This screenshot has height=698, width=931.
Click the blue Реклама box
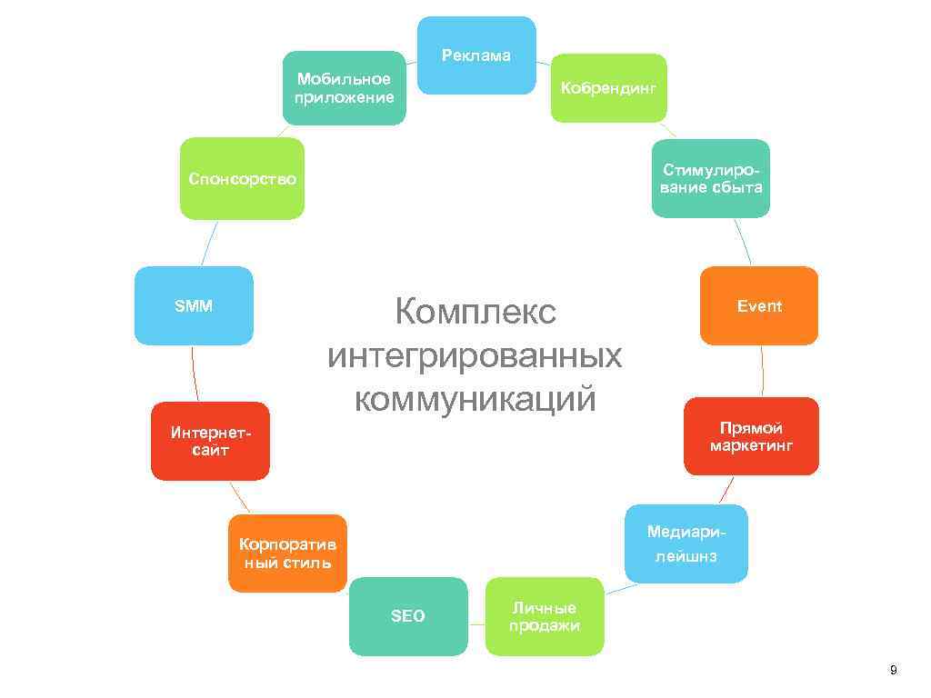(476, 55)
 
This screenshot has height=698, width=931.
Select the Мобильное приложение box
(344, 88)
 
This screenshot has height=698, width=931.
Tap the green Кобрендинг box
(608, 88)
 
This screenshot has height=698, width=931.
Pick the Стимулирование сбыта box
(711, 178)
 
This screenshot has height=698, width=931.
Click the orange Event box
(759, 305)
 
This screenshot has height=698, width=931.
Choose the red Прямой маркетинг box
(751, 436)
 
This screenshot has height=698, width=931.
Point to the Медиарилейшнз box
(686, 543)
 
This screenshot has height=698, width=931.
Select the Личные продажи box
(544, 616)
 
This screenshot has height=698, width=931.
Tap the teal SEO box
(408, 616)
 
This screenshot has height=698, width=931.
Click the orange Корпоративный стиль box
(287, 553)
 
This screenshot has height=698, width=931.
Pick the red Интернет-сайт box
(210, 441)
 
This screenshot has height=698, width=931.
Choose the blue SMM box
(194, 305)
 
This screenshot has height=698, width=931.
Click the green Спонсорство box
(242, 178)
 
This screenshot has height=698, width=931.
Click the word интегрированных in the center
(475, 354)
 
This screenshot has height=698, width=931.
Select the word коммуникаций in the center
(475, 397)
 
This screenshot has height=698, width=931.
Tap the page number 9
(893, 671)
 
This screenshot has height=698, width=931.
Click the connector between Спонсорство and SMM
(208, 243)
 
